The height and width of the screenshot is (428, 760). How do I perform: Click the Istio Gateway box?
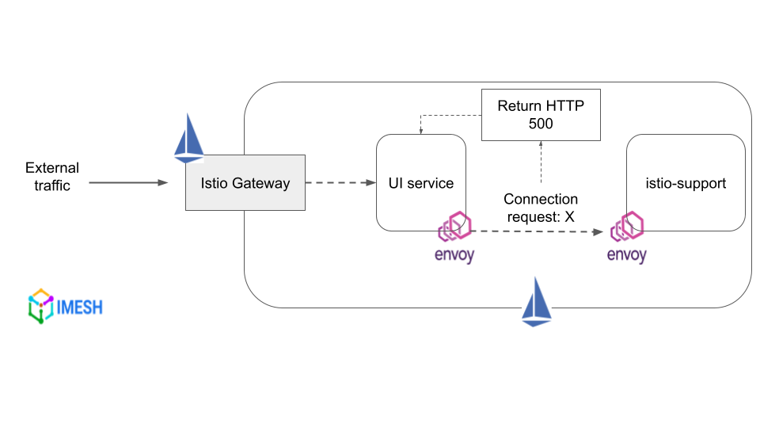245,183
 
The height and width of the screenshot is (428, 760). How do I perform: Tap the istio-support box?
686,183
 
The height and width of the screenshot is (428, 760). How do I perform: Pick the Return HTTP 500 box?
541,115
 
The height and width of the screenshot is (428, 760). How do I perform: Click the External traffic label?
52,177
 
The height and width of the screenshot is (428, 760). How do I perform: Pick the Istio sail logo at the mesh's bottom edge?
536,301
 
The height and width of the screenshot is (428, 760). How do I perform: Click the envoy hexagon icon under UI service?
456,227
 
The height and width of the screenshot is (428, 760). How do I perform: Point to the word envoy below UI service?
455,255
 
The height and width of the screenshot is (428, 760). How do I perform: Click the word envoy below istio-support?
626,255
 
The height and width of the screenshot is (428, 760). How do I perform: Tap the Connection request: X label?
541,208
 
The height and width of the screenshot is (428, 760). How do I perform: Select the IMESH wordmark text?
80,307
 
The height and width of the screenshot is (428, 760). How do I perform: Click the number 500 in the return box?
541,124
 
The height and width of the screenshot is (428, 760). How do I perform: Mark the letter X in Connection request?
570,216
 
